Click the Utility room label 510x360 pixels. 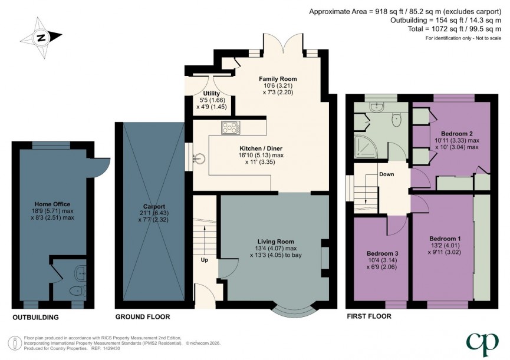(211, 93)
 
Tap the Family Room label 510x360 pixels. (278, 78)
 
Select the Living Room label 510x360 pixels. (274, 241)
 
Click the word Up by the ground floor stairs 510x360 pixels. (205, 259)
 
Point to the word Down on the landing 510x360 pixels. (387, 174)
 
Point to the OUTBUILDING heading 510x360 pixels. (36, 318)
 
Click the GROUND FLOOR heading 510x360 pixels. (143, 318)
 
